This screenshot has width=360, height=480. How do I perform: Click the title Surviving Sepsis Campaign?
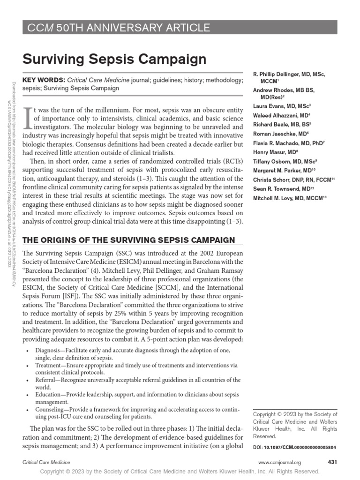[114, 59]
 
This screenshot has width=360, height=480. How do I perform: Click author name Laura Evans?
[278, 106]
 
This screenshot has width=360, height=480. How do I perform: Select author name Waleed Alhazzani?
[281, 115]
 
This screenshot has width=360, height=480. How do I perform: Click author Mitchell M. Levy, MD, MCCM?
[289, 198]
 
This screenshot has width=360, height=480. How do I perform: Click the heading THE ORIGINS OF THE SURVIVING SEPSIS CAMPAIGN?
[129, 240]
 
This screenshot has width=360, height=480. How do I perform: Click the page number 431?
[332, 462]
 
